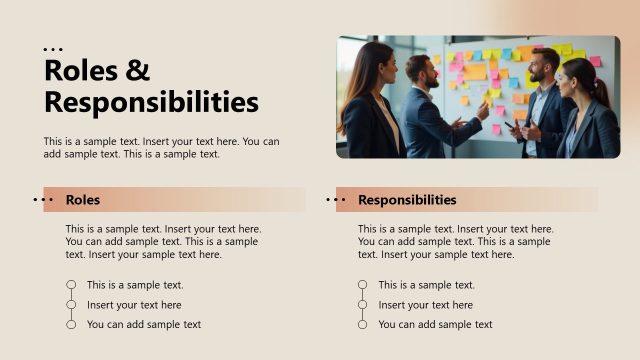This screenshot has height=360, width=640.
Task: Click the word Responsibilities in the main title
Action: [x=151, y=102]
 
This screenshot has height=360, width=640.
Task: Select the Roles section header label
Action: [x=83, y=200]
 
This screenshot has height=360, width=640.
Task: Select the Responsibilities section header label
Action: [x=407, y=200]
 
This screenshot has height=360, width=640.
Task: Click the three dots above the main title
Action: [x=53, y=49]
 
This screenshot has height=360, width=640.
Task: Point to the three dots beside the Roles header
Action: [x=43, y=200]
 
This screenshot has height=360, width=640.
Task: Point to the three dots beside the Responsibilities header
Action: [x=335, y=200]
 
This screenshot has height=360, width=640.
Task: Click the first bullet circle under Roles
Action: [x=71, y=285]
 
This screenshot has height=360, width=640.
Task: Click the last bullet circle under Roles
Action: [x=71, y=324]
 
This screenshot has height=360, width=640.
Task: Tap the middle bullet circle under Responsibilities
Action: [x=363, y=305]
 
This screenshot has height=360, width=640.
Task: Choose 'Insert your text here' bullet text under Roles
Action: [x=134, y=305]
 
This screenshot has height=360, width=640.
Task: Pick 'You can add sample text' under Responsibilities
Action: [x=435, y=324]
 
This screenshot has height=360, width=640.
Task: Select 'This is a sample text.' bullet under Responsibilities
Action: [x=426, y=285]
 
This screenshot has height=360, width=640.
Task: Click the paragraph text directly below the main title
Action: [x=161, y=147]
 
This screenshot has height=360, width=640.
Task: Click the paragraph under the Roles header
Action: [x=163, y=241]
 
